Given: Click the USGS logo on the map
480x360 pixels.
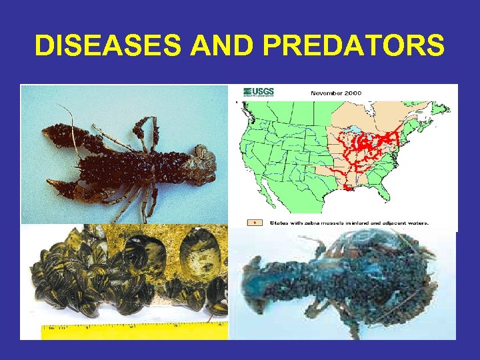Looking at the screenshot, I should point(259,92).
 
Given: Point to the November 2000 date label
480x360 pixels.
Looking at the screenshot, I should point(336,93).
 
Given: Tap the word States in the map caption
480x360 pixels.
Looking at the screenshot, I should point(277,222).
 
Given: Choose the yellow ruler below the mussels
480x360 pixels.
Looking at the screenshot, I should point(133,327).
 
